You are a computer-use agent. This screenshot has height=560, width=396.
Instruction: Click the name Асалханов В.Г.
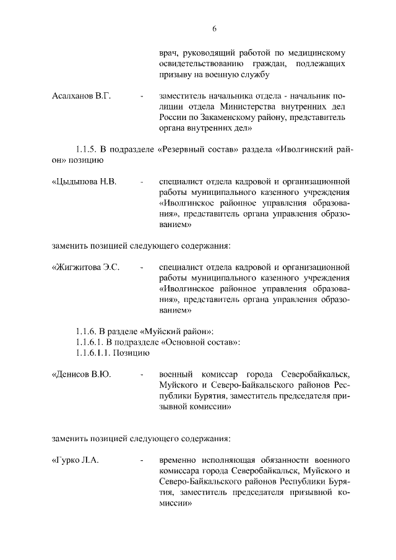click(80, 97)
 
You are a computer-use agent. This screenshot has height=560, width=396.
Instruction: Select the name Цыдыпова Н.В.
click(84, 182)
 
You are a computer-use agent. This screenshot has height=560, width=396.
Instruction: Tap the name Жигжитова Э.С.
click(85, 267)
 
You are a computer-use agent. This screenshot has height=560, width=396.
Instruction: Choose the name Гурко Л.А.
click(75, 461)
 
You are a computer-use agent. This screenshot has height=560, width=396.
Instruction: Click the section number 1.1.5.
click(87, 150)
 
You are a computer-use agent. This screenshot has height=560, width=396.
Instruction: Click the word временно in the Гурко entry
click(180, 461)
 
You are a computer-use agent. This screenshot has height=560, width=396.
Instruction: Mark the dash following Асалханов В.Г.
click(142, 97)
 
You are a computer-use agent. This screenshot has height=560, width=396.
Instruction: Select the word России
click(174, 118)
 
